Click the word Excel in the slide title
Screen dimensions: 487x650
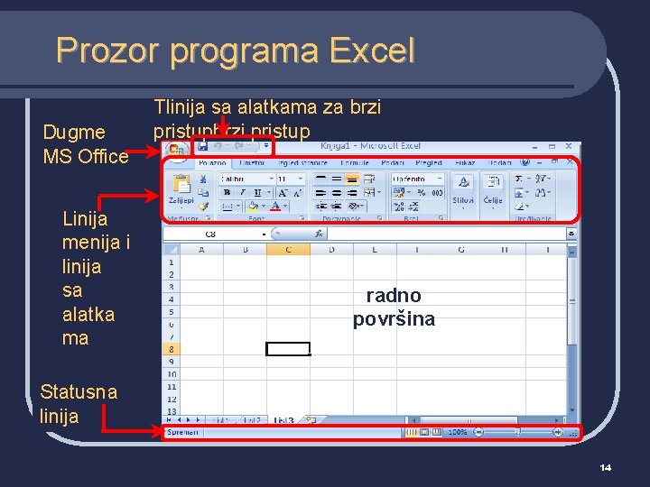click(365, 51)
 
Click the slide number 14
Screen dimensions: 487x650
click(605, 467)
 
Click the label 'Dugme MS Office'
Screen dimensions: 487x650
click(85, 144)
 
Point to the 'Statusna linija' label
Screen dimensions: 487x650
click(78, 404)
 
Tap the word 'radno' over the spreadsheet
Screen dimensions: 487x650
click(394, 295)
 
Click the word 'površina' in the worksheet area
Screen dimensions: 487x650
click(394, 318)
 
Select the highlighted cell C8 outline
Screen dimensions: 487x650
click(288, 348)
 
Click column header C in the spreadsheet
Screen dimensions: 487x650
click(288, 250)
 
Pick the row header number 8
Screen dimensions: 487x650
click(172, 348)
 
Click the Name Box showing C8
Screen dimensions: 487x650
click(209, 234)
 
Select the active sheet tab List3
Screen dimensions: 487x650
click(284, 419)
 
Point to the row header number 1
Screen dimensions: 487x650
click(172, 262)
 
